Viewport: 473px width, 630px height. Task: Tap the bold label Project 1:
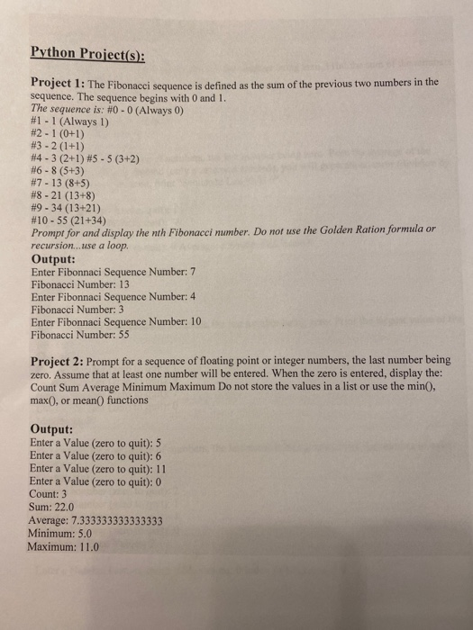coord(58,83)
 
